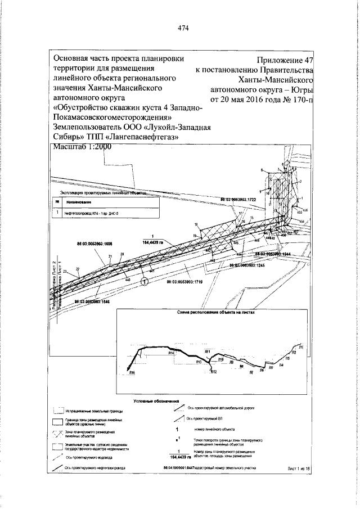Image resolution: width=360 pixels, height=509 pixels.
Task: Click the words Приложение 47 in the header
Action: click(x=285, y=60)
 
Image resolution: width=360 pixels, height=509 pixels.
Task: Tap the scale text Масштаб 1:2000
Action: click(x=82, y=147)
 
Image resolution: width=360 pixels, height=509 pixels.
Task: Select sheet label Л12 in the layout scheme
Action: click(x=214, y=372)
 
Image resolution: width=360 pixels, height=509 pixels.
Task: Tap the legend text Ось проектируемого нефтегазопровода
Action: click(x=92, y=467)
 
